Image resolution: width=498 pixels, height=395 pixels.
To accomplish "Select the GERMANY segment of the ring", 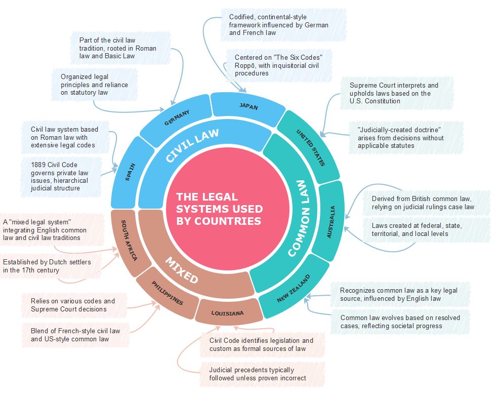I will (177, 118).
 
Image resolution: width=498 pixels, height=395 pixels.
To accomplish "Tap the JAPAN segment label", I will (248, 107).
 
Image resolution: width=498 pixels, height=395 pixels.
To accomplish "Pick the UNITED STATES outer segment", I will (310, 147).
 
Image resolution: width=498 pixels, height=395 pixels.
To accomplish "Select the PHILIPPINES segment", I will (168, 293).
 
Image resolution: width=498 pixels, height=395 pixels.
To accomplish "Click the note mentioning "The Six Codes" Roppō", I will (278, 65).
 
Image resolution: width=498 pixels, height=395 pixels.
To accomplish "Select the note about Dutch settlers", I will (51, 266).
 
